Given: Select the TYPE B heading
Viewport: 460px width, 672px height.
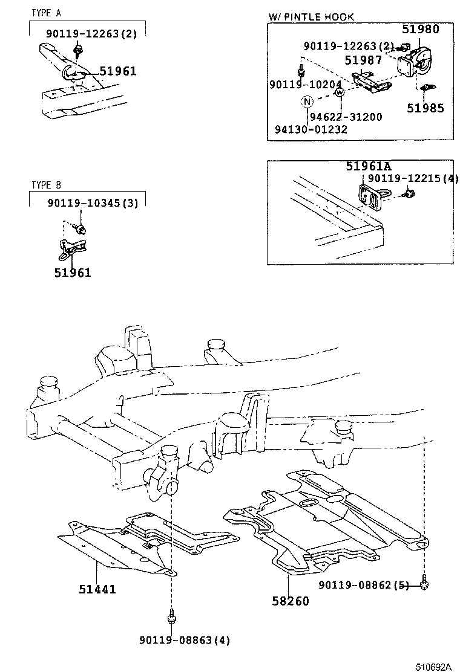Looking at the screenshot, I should [x=46, y=185].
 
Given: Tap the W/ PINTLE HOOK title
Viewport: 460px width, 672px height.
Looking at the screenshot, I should [x=311, y=17].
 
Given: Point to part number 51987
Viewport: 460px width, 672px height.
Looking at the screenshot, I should [x=363, y=60].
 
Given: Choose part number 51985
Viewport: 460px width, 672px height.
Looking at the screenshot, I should [x=425, y=108].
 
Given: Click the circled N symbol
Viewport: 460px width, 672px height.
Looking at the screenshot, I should [x=307, y=102].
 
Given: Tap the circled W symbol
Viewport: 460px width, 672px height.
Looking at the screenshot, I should [x=340, y=92].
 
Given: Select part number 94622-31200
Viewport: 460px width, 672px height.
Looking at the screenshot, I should [x=346, y=117].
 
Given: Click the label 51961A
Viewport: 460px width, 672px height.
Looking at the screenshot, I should [x=369, y=166].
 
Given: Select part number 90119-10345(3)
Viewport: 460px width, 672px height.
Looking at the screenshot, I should [x=93, y=203].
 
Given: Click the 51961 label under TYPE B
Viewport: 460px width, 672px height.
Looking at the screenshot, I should [x=72, y=273].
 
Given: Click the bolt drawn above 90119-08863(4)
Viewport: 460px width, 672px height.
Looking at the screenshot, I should [x=172, y=617].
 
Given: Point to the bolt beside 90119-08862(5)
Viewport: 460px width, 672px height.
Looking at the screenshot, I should [x=426, y=583].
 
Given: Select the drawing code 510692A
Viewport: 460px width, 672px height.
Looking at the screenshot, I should [x=433, y=667].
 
